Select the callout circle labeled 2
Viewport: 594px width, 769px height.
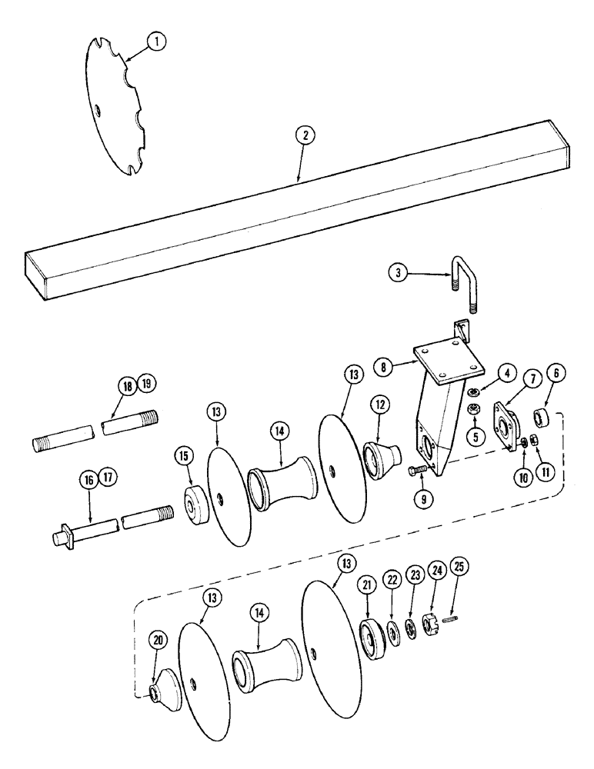305,135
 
